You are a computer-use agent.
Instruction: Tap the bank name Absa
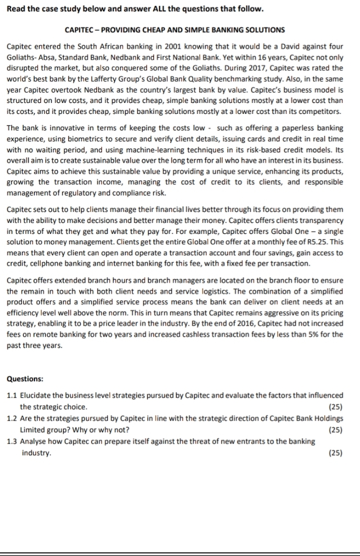[x=49, y=58]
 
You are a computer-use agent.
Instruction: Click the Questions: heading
[x=25, y=379]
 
